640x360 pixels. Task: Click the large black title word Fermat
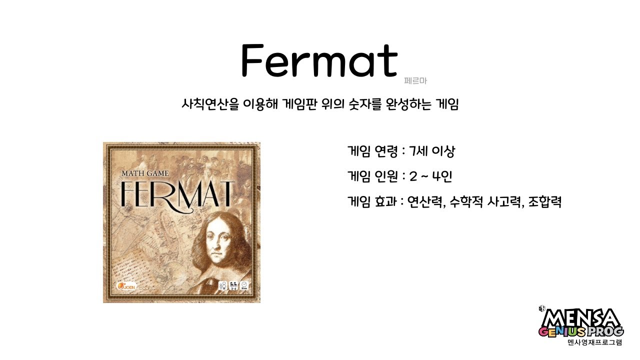(x=319, y=60)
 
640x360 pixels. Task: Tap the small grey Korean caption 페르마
(x=415, y=80)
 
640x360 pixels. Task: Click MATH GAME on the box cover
(x=145, y=174)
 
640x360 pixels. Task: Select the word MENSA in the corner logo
(x=581, y=318)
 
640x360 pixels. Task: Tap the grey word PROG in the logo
(x=605, y=331)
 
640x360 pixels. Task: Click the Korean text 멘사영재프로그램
(x=595, y=343)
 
